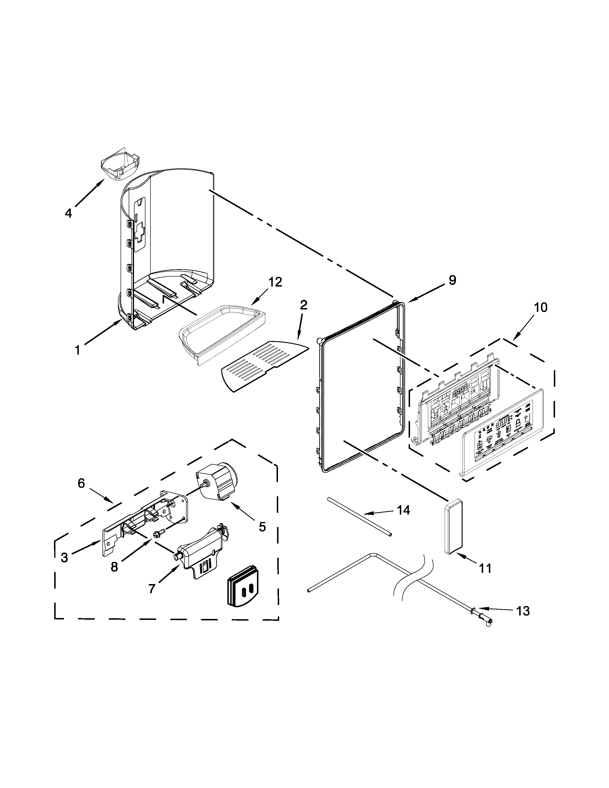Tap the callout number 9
pos(452,280)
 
